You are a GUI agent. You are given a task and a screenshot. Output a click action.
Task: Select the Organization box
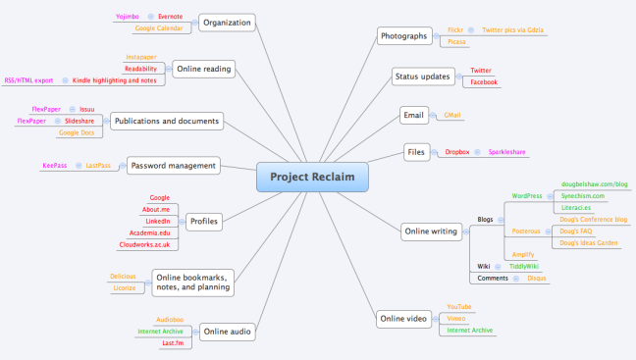pyautogui.click(x=227, y=22)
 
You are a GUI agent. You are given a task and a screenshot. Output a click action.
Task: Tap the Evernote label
pyautogui.click(x=171, y=17)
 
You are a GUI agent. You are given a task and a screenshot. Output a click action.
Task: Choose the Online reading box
pyautogui.click(x=203, y=69)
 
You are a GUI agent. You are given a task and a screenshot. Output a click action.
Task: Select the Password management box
pyautogui.click(x=172, y=166)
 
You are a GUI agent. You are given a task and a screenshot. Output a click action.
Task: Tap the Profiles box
pyautogui.click(x=203, y=221)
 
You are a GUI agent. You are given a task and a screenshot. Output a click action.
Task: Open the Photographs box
pyautogui.click(x=403, y=36)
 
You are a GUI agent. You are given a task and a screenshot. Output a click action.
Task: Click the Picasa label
pyautogui.click(x=456, y=42)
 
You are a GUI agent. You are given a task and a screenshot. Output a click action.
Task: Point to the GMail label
pyautogui.click(x=452, y=115)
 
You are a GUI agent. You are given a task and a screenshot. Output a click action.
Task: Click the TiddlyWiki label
pyautogui.click(x=523, y=266)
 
